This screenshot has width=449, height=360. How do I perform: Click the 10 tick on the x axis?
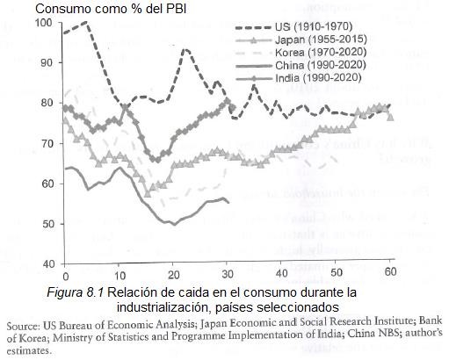[x=119, y=271]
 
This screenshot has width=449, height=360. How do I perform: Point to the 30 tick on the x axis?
[x=228, y=271]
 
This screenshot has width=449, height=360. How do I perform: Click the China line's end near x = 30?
[x=228, y=202]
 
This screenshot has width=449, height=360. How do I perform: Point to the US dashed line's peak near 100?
[x=84, y=22]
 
